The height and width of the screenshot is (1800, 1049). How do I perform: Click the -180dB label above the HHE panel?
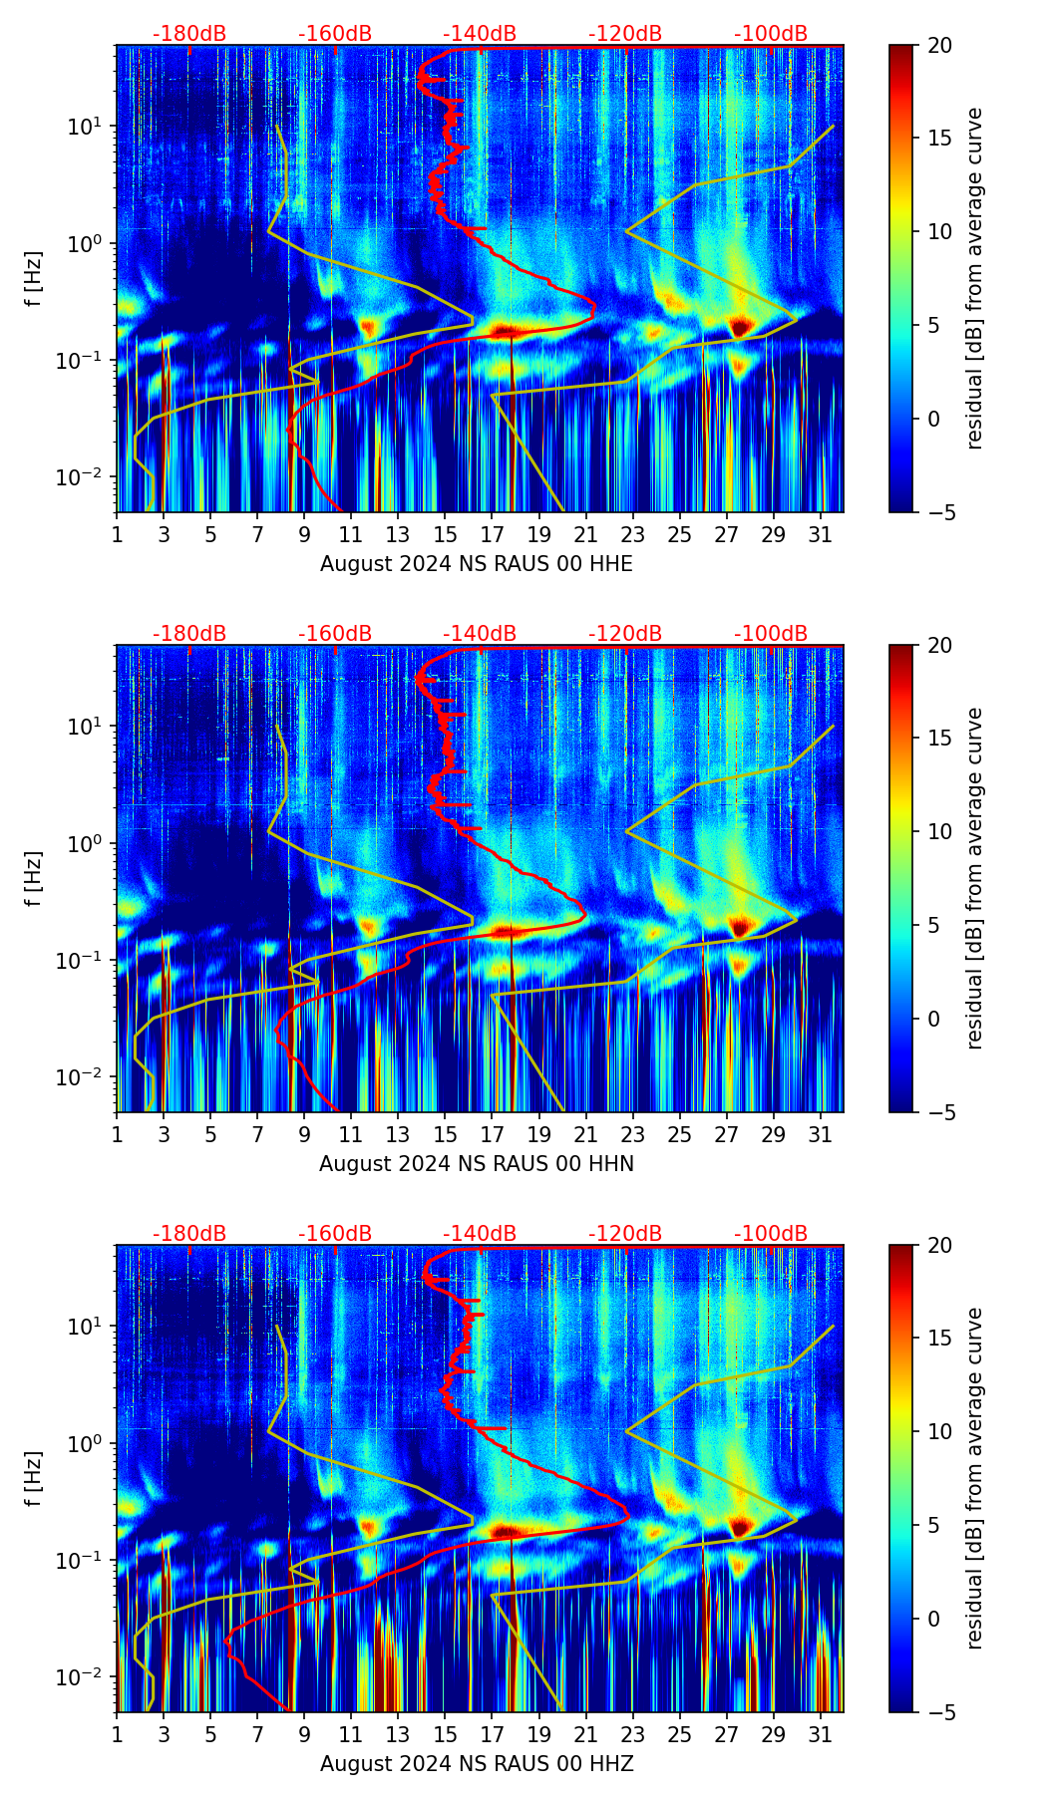point(189,34)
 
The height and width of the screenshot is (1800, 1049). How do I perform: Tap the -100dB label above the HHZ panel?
point(771,1234)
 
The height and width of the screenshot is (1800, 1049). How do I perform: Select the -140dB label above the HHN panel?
point(480,634)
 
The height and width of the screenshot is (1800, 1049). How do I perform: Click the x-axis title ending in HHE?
point(476,564)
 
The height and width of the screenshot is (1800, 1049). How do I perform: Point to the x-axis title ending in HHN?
point(476,1164)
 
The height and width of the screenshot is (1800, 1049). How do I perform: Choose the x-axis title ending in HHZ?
point(476,1764)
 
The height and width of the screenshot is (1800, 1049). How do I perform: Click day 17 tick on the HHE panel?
point(493,534)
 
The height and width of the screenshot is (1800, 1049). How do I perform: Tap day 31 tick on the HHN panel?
point(821,1134)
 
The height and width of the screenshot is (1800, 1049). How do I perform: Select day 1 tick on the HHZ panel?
point(118,1734)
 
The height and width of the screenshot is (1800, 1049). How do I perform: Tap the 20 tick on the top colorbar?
point(939,46)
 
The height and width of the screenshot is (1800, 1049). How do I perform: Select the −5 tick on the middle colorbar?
point(939,1112)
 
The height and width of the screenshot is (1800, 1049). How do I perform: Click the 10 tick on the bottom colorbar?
point(939,1431)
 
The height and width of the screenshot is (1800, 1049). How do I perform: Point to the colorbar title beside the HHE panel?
point(974,278)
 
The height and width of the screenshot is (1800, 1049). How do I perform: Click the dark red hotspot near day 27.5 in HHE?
point(739,327)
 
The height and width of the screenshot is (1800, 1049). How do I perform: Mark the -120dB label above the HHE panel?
point(625,34)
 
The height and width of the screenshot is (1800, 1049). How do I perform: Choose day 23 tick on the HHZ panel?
point(633,1734)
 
